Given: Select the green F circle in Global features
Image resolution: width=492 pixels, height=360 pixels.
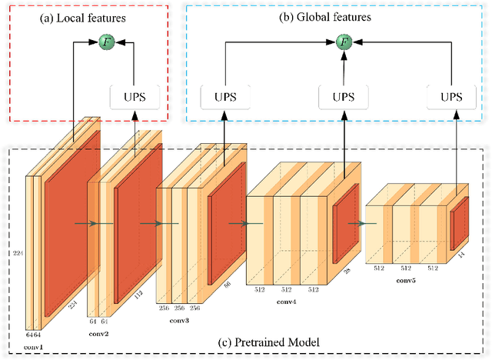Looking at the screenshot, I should pos(342,42).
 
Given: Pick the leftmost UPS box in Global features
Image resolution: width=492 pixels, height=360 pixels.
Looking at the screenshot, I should pos(224,97).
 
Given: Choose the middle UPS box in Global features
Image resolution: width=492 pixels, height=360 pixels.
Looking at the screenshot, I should pos(342,97).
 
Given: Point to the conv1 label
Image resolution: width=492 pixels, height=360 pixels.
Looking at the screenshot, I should pos(34,348).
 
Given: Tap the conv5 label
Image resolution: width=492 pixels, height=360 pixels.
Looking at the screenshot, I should pos(407,280).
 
